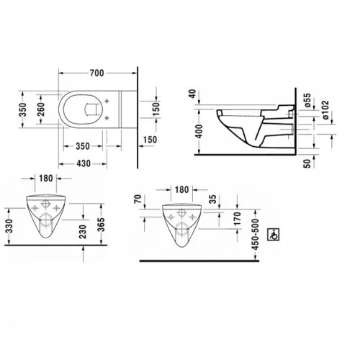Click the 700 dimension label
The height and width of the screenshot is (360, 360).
[x=97, y=73]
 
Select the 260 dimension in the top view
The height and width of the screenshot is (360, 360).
[x=41, y=109]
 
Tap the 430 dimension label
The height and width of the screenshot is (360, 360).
[x=84, y=163]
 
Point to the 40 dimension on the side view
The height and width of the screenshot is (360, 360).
[x=193, y=94]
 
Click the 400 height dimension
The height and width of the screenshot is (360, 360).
[x=199, y=131]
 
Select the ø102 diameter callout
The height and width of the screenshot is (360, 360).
[x=325, y=110]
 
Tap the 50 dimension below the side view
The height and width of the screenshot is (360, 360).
[x=307, y=163]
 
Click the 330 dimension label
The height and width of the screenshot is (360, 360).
[x=9, y=226]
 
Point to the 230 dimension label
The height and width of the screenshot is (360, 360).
[x=83, y=232]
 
